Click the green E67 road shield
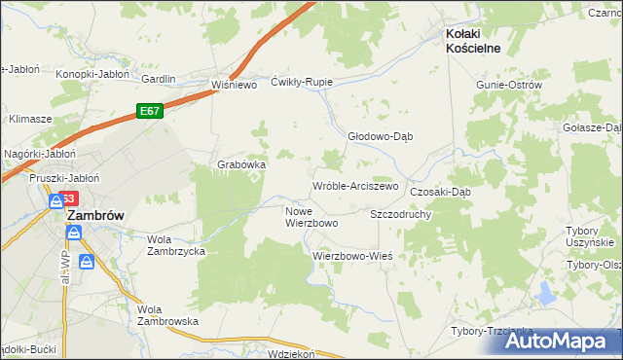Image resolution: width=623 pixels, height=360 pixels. click(x=149, y=111)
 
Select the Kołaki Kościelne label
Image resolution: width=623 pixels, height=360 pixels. click(x=486, y=34)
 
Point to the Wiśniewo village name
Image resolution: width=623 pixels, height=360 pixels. click(x=234, y=85)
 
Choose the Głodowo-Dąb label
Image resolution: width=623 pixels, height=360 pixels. click(x=381, y=136)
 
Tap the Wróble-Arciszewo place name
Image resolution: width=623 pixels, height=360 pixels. click(x=355, y=185)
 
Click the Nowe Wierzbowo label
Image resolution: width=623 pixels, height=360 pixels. click(x=311, y=217)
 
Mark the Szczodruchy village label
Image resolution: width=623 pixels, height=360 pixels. click(x=401, y=213)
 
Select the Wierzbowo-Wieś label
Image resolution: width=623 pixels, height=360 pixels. click(x=351, y=256)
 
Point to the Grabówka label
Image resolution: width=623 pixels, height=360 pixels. click(x=241, y=164)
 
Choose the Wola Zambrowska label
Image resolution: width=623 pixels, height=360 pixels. click(x=167, y=314)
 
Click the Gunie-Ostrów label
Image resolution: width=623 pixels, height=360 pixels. click(x=508, y=85)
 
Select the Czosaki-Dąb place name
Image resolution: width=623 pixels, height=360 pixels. click(x=440, y=192)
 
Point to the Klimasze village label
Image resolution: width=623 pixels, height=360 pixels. click(x=30, y=119)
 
